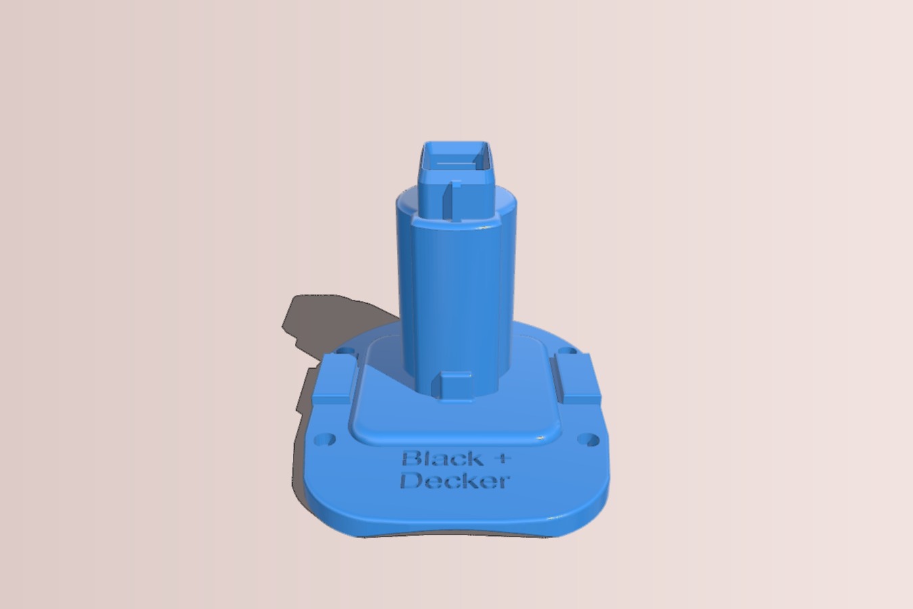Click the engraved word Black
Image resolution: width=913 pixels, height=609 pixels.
[x=443, y=459]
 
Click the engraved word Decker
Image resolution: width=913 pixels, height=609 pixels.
[x=454, y=481]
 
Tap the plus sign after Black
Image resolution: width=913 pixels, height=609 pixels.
[x=505, y=457]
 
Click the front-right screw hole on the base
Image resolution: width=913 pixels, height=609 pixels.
[x=588, y=440]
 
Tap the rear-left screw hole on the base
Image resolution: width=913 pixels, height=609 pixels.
[x=346, y=351]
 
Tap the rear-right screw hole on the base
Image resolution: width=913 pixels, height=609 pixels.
[x=567, y=351]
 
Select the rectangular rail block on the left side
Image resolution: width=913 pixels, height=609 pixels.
[x=333, y=378]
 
